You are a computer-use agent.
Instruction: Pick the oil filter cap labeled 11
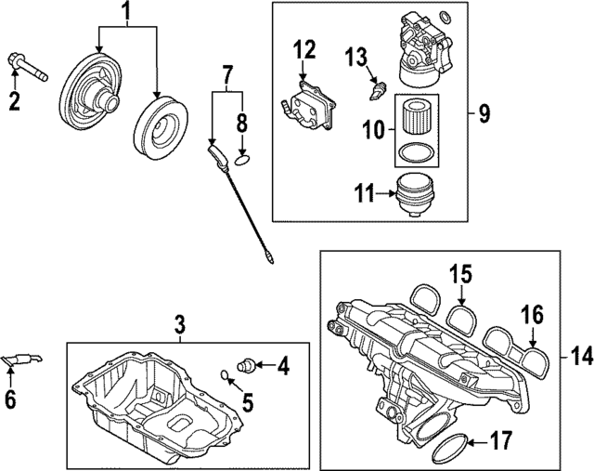point(416,192)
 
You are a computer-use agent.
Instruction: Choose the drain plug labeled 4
point(248,363)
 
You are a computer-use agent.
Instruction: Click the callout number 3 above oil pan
point(180,324)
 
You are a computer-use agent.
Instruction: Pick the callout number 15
point(461,274)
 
